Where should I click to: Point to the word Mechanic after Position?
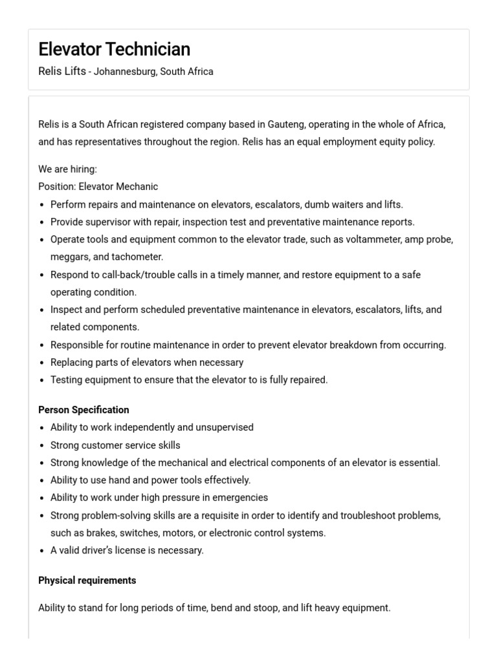tap(137, 186)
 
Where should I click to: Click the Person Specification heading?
tap(83, 410)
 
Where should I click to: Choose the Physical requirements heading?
tap(87, 581)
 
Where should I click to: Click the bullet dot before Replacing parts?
tap(42, 363)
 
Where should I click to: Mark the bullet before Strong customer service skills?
tap(42, 445)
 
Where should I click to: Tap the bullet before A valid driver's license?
tap(42, 551)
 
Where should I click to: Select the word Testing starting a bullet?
tap(68, 380)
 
